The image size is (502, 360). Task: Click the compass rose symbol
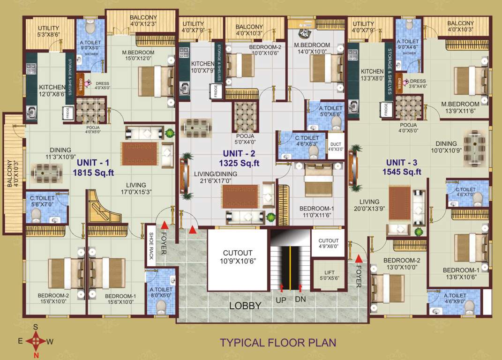[x=36, y=341]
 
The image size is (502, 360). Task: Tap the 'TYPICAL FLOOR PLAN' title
[x=278, y=342]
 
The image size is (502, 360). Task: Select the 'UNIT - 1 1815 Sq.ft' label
[x=93, y=167]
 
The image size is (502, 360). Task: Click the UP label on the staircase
[x=282, y=299]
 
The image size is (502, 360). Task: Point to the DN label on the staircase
[x=300, y=299]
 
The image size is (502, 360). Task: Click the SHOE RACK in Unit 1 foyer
[x=151, y=248]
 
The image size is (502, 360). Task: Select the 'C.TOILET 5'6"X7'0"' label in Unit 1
[x=40, y=200]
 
